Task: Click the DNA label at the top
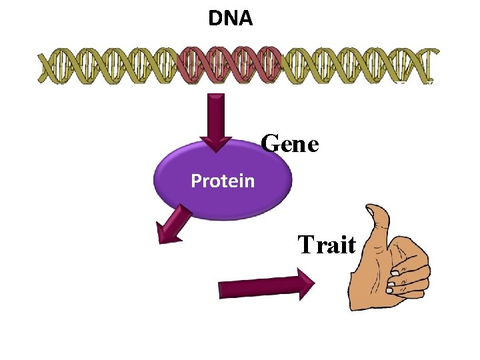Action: click(x=231, y=19)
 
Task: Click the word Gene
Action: click(x=290, y=143)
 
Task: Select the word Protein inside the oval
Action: click(x=223, y=181)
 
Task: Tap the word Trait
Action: click(x=327, y=245)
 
